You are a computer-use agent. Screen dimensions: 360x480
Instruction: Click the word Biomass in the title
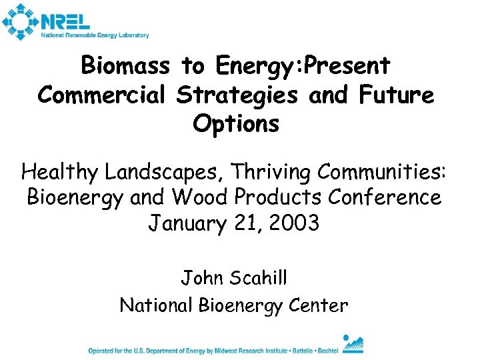(x=125, y=65)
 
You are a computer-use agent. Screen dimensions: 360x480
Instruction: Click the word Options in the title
(x=236, y=124)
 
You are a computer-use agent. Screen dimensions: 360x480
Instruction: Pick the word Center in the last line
(x=320, y=305)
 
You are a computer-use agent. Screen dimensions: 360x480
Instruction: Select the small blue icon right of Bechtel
(x=353, y=344)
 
